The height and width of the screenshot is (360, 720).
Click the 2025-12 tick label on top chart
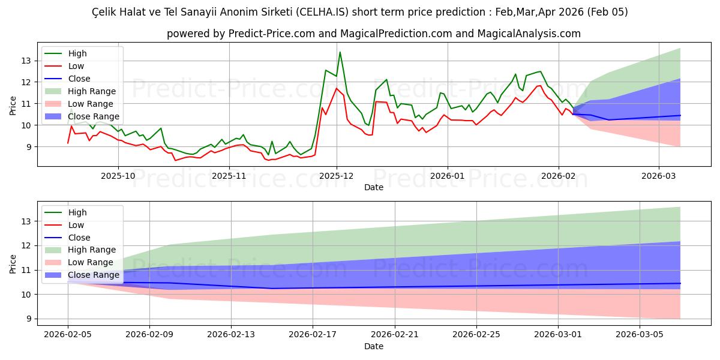[x=337, y=176]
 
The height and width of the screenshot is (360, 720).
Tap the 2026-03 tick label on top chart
[x=659, y=176]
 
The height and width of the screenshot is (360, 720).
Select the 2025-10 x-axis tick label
[x=118, y=176]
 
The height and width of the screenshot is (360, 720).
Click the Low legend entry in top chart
[x=77, y=66]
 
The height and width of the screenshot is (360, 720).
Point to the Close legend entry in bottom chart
[x=79, y=238]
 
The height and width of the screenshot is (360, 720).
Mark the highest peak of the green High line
[x=340, y=52]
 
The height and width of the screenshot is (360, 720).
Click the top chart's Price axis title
[x=13, y=105]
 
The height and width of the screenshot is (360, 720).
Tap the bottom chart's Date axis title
[x=373, y=347]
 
